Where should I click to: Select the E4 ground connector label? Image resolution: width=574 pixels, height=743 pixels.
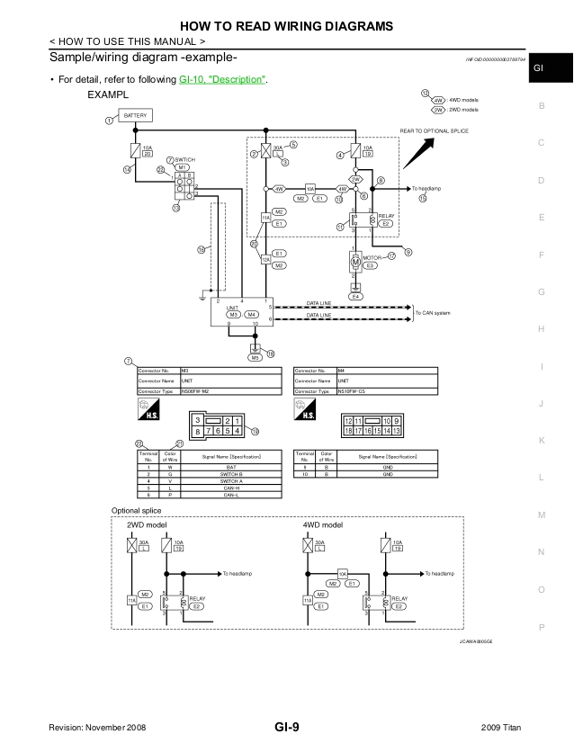(356, 296)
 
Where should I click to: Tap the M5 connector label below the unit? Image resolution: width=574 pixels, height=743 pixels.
(256, 357)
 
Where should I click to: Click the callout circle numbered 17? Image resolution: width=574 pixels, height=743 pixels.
(392, 256)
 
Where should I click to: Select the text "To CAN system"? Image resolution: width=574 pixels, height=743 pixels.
(434, 313)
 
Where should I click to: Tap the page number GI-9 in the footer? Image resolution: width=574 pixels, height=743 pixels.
(286, 727)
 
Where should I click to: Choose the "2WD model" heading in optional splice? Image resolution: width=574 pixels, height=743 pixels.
(147, 524)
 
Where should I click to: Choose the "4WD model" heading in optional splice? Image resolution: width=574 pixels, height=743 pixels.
(323, 524)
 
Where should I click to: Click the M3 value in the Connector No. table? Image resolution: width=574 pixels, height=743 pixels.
(185, 370)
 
